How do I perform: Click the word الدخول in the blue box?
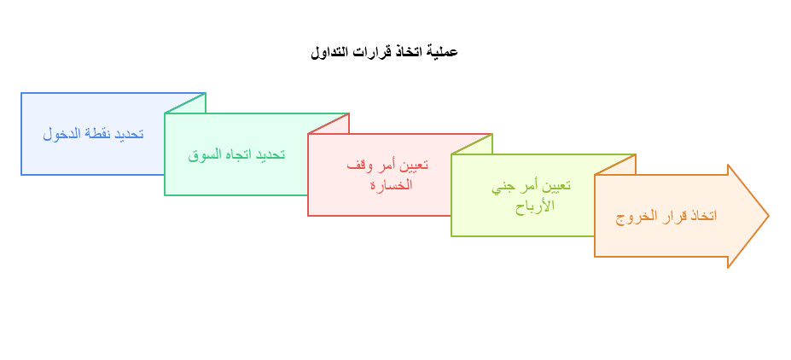[x=61, y=134]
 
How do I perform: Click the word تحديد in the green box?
[x=271, y=154]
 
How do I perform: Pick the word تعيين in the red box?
[x=413, y=165]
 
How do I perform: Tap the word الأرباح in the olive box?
[x=535, y=205]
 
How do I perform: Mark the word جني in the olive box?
[x=503, y=186]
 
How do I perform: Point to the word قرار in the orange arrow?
[x=674, y=216]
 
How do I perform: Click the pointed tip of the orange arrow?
[x=767, y=216]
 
